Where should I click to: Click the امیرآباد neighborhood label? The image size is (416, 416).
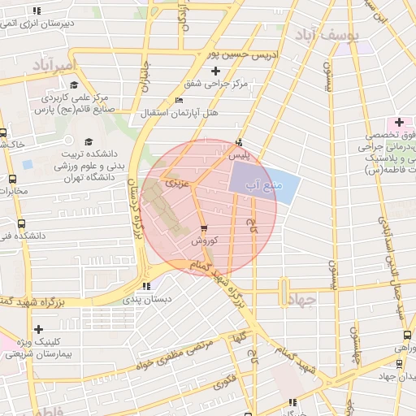click(54, 63)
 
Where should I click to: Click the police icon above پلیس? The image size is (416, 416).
click(237, 141)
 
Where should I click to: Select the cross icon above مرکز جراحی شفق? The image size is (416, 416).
click(214, 71)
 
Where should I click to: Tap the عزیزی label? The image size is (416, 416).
click(176, 184)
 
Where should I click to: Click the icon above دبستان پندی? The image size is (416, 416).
click(146, 286)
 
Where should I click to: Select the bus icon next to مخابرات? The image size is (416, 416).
click(11, 179)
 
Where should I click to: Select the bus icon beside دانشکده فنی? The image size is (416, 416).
click(20, 223)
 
